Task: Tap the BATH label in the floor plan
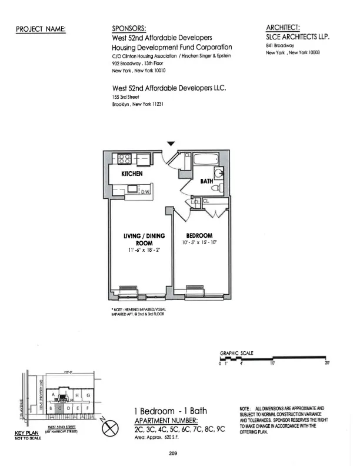click(x=206, y=182)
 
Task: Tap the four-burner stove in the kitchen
click(x=125, y=158)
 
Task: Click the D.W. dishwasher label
click(x=146, y=192)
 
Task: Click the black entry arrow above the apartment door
click(x=171, y=143)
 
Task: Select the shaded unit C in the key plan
click(x=60, y=408)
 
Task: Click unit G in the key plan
click(x=88, y=395)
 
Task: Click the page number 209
click(x=172, y=452)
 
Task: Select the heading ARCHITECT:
click(x=284, y=27)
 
